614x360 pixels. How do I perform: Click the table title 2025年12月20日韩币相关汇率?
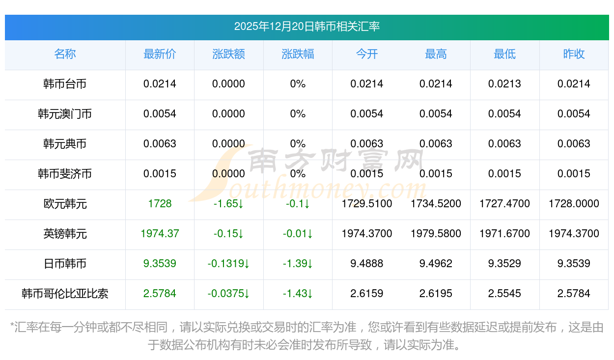click(x=307, y=27)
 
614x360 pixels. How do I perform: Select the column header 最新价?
click(x=160, y=54)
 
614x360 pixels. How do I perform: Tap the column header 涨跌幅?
click(x=298, y=54)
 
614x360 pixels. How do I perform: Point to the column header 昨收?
click(x=574, y=54)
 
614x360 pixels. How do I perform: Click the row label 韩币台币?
click(x=65, y=84)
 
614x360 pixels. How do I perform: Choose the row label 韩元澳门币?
click(x=65, y=114)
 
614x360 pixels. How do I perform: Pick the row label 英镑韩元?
click(x=65, y=234)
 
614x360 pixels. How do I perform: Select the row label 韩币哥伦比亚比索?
click(x=65, y=294)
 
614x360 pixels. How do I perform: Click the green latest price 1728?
click(x=160, y=203)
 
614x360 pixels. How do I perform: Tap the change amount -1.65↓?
click(x=228, y=203)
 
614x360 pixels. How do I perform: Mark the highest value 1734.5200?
click(x=436, y=203)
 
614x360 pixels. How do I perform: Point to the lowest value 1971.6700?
click(x=504, y=234)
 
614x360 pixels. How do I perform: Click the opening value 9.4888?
click(x=367, y=264)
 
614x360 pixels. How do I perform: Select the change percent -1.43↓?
click(x=298, y=294)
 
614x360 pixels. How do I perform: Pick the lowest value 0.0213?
click(x=504, y=84)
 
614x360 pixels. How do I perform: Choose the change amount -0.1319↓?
click(x=228, y=264)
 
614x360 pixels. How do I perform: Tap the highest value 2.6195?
click(x=436, y=294)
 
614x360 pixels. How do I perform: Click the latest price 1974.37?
click(x=160, y=234)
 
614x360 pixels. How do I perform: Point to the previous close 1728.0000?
click(x=574, y=203)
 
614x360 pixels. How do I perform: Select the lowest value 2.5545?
click(x=504, y=294)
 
